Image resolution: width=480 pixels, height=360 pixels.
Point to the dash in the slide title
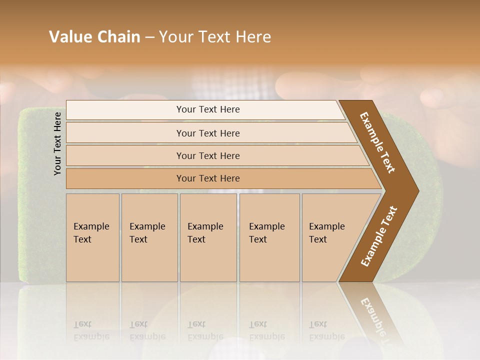tap(149, 37)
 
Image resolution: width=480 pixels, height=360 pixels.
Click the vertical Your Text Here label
tap(57, 143)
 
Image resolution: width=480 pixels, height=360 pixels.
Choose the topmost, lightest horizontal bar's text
tap(208, 109)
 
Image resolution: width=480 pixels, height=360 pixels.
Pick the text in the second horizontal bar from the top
tap(208, 133)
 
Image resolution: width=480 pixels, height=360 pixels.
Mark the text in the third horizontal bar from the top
tap(208, 156)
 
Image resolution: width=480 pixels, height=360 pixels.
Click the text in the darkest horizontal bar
tap(208, 178)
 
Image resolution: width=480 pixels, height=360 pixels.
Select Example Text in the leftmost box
tap(91, 233)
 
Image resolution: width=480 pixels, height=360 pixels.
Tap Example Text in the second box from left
tap(147, 233)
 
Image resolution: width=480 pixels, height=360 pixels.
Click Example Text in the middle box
tap(205, 233)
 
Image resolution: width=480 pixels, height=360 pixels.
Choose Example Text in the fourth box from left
tap(266, 233)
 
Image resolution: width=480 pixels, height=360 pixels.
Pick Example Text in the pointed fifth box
tap(326, 233)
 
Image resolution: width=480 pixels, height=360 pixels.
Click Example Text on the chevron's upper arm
tap(377, 142)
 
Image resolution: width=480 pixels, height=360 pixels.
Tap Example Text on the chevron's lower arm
tap(379, 236)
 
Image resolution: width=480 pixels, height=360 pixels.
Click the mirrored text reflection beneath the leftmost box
tap(91, 331)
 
